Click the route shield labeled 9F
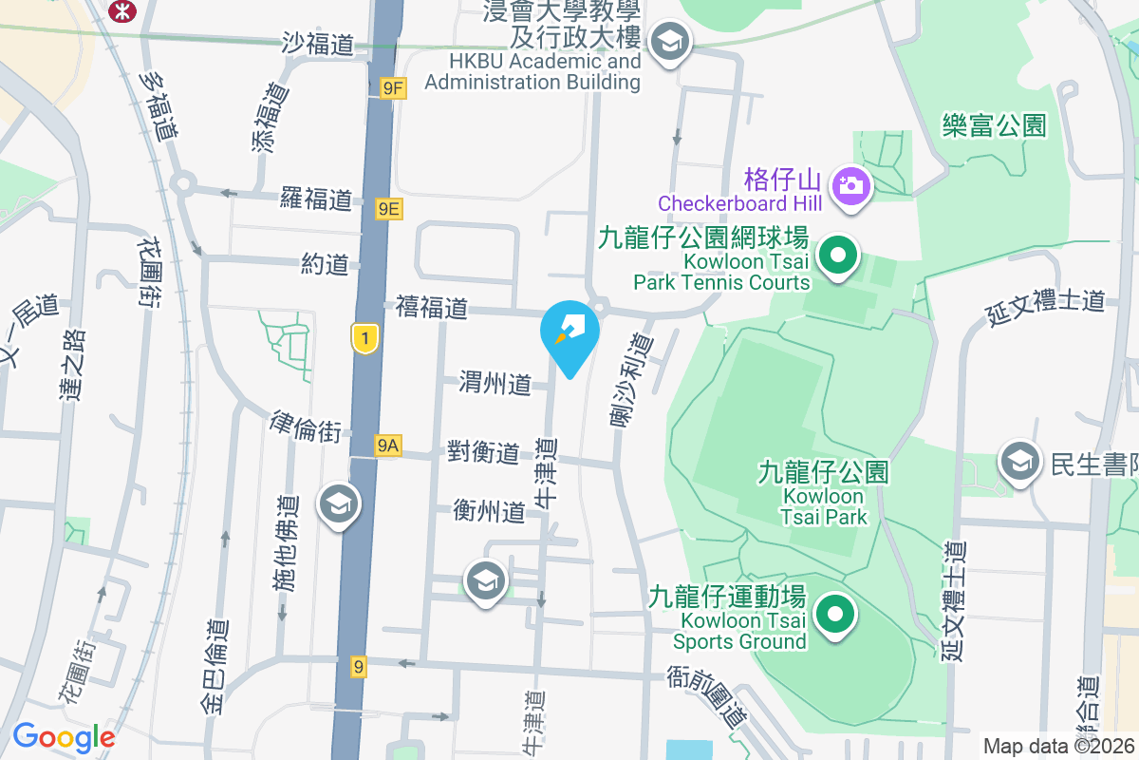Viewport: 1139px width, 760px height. pos(393,88)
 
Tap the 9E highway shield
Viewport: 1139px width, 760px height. pos(388,209)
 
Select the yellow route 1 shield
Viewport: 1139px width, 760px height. pos(364,338)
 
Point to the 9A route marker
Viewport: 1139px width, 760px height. pos(387,445)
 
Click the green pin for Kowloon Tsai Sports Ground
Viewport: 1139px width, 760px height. pos(835,615)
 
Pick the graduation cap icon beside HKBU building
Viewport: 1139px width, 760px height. pos(671,42)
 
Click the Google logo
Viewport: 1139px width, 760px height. pos(64,737)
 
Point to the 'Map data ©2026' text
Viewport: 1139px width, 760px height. pos(1059,747)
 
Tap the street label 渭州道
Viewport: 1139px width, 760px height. pos(495,384)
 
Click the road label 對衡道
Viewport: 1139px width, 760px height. pos(483,452)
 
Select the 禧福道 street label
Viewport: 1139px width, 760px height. pos(432,308)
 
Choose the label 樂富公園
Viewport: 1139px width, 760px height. pos(994,124)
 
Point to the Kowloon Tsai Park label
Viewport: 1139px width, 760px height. pos(823,494)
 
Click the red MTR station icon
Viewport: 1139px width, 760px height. pos(121,9)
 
